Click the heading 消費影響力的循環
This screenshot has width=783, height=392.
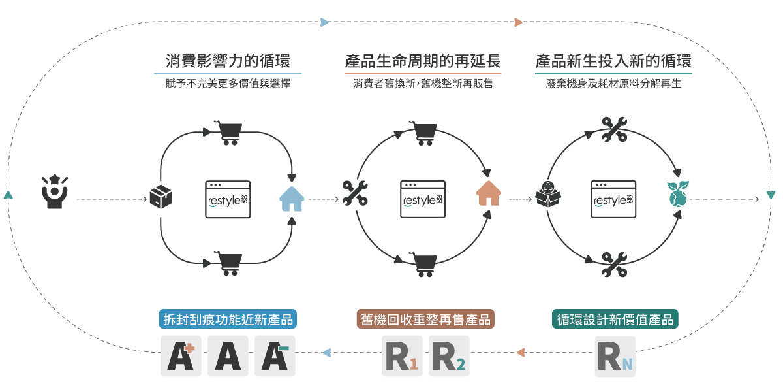pyautogui.click(x=233, y=61)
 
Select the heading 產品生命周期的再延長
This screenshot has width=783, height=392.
pyautogui.click(x=423, y=61)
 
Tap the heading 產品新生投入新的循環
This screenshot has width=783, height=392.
pyautogui.click(x=613, y=61)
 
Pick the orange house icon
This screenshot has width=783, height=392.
pyautogui.click(x=489, y=193)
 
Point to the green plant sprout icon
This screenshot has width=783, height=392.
pyautogui.click(x=677, y=194)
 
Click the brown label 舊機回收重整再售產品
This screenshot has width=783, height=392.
pyautogui.click(x=425, y=319)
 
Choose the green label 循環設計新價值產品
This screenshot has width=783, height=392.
pyautogui.click(x=615, y=319)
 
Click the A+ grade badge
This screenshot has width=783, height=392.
pyautogui.click(x=181, y=356)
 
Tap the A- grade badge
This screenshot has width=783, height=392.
pyautogui.click(x=275, y=356)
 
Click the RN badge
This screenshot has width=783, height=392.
pyautogui.click(x=615, y=356)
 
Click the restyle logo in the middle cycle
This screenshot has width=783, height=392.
pyautogui.click(x=423, y=199)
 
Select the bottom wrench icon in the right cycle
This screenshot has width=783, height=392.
pyautogui.click(x=614, y=265)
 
